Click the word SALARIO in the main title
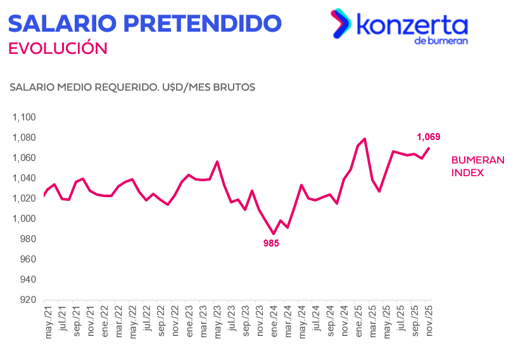[61, 23]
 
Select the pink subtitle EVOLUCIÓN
[58, 48]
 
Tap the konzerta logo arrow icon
[341, 23]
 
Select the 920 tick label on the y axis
[28, 300]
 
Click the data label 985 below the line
[271, 243]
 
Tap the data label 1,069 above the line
[428, 136]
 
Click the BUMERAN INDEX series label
[477, 166]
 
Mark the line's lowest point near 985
[274, 234]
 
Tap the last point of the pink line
[430, 148]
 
